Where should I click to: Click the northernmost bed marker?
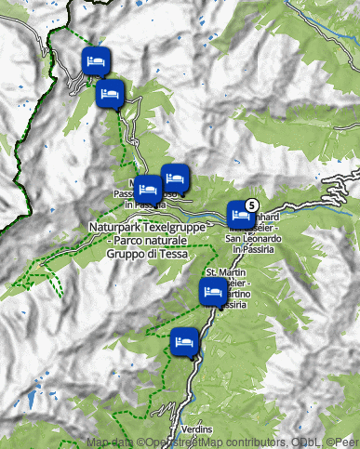[95, 61]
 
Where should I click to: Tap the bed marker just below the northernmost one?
[110, 94]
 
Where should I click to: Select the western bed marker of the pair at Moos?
[149, 188]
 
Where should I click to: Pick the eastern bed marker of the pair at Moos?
[174, 177]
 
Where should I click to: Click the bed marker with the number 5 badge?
[240, 215]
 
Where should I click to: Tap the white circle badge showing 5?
[251, 205]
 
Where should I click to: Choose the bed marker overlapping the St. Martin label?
[213, 292]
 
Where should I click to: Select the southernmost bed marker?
[183, 342]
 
